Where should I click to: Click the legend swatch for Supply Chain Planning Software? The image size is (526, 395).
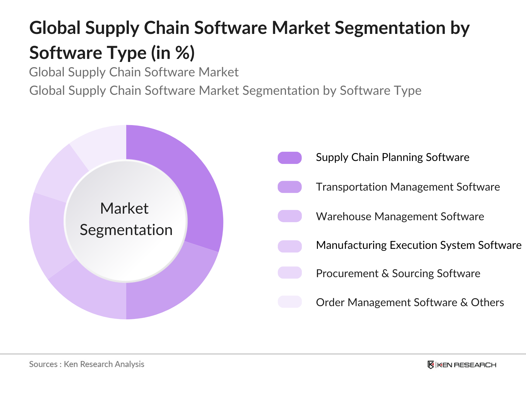pos(290,158)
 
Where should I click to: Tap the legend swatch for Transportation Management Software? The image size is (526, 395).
pos(290,187)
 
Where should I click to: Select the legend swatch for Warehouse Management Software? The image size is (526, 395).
pos(290,216)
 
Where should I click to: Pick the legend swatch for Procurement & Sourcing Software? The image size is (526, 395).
pos(290,273)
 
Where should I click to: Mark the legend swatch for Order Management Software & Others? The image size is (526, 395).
pos(290,302)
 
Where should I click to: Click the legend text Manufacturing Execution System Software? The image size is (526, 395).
pos(418,245)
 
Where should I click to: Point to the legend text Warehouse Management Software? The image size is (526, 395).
pos(400,217)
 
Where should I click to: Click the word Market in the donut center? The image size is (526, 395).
pos(124,209)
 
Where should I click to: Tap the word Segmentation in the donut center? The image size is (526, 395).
pos(126,230)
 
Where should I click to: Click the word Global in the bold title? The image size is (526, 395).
pos(55,28)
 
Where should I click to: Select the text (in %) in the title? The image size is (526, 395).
pos(173,53)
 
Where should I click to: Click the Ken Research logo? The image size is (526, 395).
pos(462,365)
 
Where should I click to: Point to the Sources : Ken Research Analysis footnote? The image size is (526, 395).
pos(86,364)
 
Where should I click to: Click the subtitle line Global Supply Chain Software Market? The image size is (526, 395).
pos(134,72)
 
